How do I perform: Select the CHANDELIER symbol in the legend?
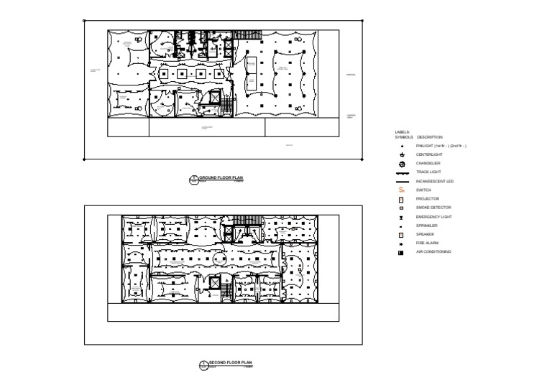click(402, 164)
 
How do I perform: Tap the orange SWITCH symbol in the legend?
click(402, 190)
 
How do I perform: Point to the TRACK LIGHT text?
click(429, 172)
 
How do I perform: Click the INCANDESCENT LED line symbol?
click(402, 182)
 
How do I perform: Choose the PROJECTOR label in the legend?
click(428, 199)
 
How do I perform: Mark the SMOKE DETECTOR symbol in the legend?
click(402, 208)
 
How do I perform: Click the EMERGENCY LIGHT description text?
click(434, 217)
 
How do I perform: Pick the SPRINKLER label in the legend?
click(428, 226)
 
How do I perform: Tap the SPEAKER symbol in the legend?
click(402, 235)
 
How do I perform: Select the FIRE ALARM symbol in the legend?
click(402, 243)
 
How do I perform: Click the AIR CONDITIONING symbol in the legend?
click(401, 253)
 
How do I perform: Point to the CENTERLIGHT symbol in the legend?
click(402, 155)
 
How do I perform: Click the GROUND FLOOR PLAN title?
click(221, 177)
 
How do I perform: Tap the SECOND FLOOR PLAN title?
click(231, 363)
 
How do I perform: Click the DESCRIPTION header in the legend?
click(430, 137)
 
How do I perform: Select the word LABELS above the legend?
click(402, 132)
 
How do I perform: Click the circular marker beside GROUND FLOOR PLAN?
click(193, 180)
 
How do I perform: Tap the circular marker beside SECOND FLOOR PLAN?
click(203, 366)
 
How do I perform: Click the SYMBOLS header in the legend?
click(404, 137)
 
